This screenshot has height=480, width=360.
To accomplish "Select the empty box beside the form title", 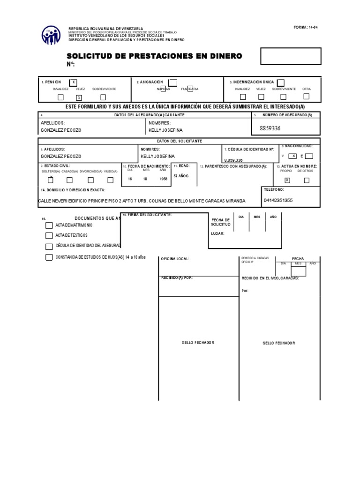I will click(x=291, y=56).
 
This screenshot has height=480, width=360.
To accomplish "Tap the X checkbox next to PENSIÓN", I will click(x=74, y=82).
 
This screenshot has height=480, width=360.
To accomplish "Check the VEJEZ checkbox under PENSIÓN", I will click(x=79, y=97).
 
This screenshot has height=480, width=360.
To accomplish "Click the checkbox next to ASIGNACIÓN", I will click(x=172, y=83).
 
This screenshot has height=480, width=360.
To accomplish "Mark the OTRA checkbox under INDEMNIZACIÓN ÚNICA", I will click(x=307, y=97).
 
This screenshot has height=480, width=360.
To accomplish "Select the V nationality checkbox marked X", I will click(x=292, y=156).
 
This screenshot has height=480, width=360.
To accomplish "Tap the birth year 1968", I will click(x=163, y=179).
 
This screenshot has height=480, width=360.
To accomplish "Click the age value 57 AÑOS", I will click(x=181, y=176).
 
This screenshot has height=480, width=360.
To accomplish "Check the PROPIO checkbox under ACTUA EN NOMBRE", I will click(x=287, y=180).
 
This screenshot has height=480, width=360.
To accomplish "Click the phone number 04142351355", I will click(x=277, y=201).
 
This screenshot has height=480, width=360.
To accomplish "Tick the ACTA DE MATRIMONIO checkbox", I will click(x=49, y=225).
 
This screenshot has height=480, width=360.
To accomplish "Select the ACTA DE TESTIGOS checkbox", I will click(x=49, y=235).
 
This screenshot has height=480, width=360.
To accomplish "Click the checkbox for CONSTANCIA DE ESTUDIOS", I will click(x=49, y=257).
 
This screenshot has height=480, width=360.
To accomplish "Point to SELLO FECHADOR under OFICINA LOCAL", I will click(x=198, y=343).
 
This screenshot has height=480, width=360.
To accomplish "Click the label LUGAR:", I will click(x=217, y=233).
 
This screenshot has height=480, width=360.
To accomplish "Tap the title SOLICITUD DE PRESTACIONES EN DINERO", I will click(x=155, y=56).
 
